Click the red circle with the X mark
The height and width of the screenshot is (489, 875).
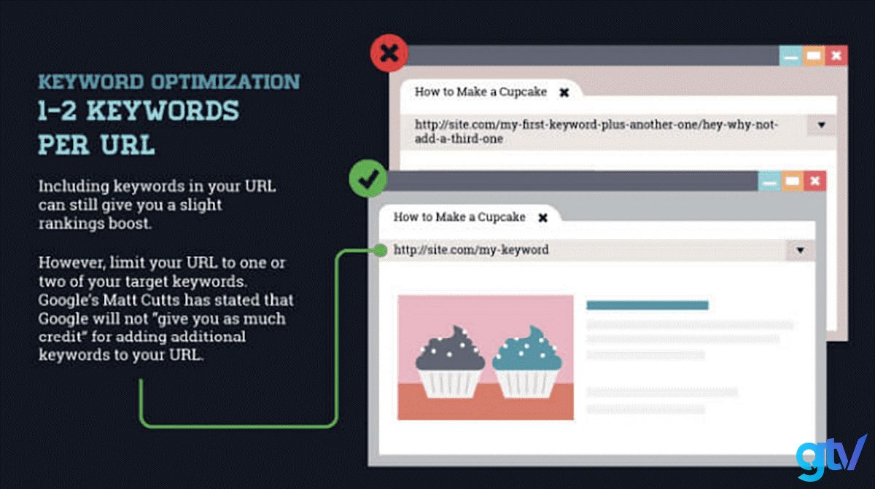pyautogui.click(x=389, y=53)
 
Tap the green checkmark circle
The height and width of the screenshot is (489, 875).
pyautogui.click(x=368, y=179)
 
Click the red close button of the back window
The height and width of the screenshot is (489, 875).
pyautogui.click(x=836, y=55)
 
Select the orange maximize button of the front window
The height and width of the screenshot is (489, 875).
pyautogui.click(x=792, y=181)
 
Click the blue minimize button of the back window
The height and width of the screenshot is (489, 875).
pyautogui.click(x=790, y=55)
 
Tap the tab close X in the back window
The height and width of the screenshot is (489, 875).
pyautogui.click(x=564, y=93)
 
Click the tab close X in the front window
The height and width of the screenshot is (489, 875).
pyautogui.click(x=542, y=218)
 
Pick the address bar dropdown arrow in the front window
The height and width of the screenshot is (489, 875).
pyautogui.click(x=800, y=250)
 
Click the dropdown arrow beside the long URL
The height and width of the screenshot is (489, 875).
pyautogui.click(x=821, y=125)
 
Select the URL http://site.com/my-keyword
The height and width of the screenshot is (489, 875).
pyautogui.click(x=471, y=249)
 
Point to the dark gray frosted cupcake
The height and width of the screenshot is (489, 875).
pyautogui.click(x=450, y=361)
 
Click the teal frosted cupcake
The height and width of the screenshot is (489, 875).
pyautogui.click(x=527, y=361)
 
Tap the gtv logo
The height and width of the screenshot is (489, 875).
pyautogui.click(x=831, y=458)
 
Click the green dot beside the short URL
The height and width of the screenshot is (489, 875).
pyautogui.click(x=381, y=250)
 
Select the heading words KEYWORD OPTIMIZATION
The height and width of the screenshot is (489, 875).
pyautogui.click(x=168, y=82)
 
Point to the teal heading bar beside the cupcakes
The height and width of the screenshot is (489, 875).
pyautogui.click(x=647, y=305)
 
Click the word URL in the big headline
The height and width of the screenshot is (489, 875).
pyautogui.click(x=128, y=145)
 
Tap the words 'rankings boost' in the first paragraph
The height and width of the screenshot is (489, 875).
pyautogui.click(x=95, y=224)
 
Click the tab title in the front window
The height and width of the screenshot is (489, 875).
pyautogui.click(x=459, y=216)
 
